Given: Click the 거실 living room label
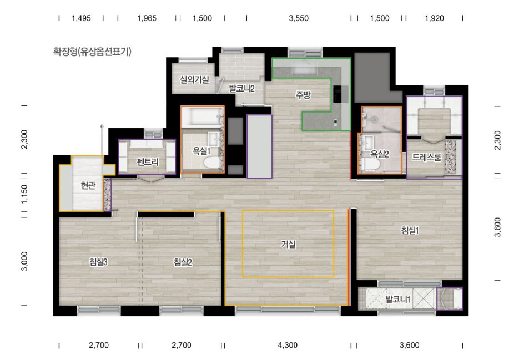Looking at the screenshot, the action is tap(288, 244).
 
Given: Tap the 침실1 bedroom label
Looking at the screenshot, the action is tap(410, 230).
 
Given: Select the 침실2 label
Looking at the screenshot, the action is tap(183, 262).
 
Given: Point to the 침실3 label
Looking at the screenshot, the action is tap(98, 262).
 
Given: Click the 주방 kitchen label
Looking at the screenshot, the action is tap(303, 95).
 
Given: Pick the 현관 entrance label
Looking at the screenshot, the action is tap(88, 185).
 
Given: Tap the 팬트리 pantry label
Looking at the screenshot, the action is tap(148, 162).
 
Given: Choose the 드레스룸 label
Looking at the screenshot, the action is tap(426, 157).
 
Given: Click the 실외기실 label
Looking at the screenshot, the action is tap(194, 79).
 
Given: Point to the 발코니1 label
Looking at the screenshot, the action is tap(397, 299).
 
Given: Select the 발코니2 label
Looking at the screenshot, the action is tap(241, 89).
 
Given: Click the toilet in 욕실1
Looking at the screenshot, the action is tap(212, 163).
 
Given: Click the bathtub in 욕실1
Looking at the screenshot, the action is tap(202, 117).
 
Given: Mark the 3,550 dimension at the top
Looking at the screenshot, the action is tap(299, 18).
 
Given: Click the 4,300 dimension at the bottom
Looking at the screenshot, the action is tap(288, 345).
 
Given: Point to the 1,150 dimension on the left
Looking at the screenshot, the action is tap(24, 194).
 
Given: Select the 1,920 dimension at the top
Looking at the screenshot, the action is tap(434, 18).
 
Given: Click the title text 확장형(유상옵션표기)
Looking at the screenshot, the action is tap(92, 52).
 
